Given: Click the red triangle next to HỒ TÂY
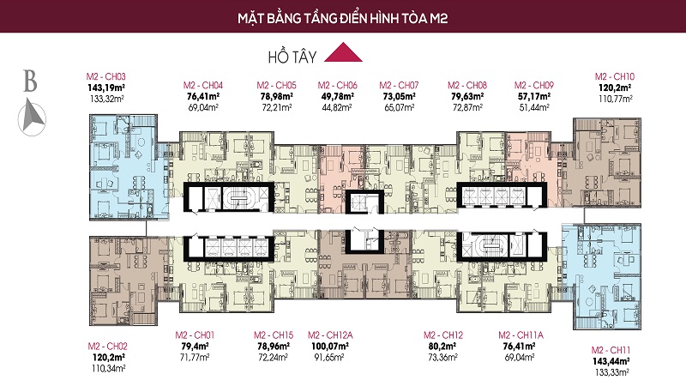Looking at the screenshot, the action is tap(343, 53).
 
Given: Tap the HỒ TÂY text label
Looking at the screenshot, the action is tap(292, 57).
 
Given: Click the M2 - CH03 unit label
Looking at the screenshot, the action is tap(105, 76).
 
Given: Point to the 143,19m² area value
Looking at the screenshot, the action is tap(106, 88).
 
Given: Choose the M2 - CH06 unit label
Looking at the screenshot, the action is tap(337, 85).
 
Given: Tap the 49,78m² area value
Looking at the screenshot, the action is tap(337, 96).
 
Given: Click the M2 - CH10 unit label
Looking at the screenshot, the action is tap(614, 76).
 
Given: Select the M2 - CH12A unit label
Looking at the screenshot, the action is tap(330, 335).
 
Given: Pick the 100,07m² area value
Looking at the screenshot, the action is tap(330, 347).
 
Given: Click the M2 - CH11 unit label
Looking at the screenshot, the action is tap(611, 350).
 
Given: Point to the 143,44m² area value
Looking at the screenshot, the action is tap(611, 361).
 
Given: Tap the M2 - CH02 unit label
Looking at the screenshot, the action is tap(108, 347).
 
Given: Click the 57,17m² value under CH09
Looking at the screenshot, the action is tap(533, 96).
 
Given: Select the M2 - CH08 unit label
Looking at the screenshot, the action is tap(466, 85).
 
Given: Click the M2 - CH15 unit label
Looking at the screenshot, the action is tap(274, 335).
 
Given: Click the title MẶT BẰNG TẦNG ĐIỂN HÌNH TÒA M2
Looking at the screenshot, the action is tap(342, 18).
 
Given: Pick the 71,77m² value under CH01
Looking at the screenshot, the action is tap(195, 357).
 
